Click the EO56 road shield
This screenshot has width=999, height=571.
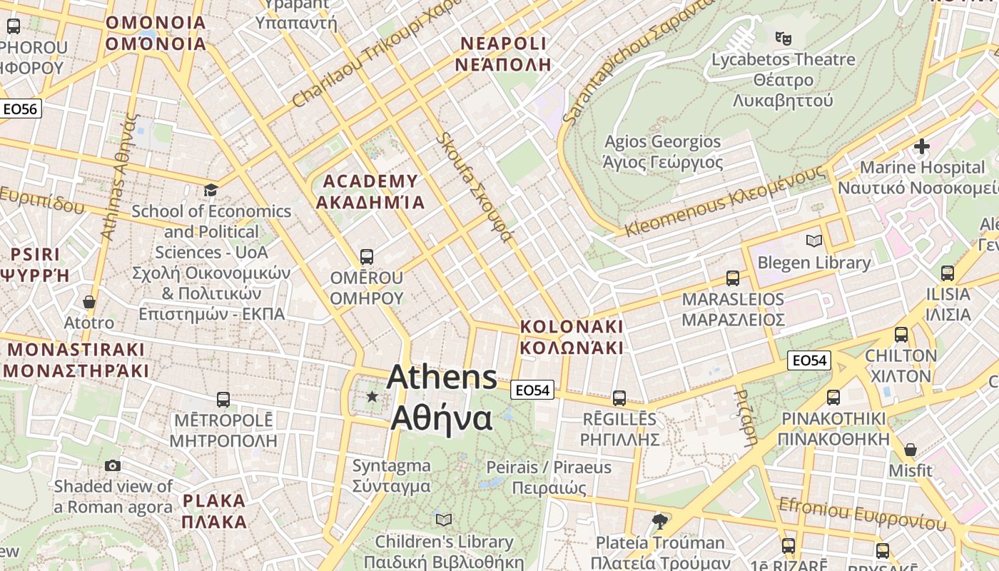pos(20,109)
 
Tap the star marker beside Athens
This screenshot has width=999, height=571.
pos(372,396)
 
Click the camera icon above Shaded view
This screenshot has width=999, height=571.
pos(112,466)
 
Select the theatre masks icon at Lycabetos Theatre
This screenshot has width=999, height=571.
pos(783,38)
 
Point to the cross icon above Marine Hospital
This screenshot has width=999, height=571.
pos(921,146)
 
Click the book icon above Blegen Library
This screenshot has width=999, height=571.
pos(813,241)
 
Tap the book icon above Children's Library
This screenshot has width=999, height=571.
pos(444,520)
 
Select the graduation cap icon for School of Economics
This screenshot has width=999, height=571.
pos(211,190)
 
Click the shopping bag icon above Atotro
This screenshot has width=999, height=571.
pos(88,302)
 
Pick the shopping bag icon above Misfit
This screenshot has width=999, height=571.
pos(910,450)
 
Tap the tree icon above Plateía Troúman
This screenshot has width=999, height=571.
pos(659,521)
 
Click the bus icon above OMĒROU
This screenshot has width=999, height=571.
pos(367,256)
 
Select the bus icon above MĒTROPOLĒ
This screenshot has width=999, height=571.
pos(223,399)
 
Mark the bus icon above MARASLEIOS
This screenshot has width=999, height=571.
pos(733,278)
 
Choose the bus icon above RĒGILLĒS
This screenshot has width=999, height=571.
pos(619,398)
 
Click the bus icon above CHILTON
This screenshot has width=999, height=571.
pos(901,334)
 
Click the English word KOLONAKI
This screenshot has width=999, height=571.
pos(572,326)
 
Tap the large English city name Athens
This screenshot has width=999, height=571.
pos(442,377)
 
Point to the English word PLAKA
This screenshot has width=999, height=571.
pos(214,500)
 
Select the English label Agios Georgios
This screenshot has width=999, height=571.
pos(663,141)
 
